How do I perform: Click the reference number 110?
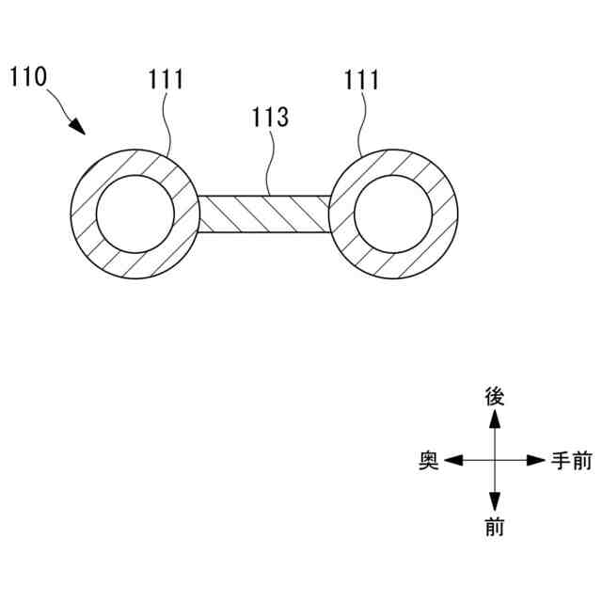(x=31, y=76)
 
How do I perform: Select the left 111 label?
(x=166, y=80)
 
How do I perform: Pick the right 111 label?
(x=361, y=80)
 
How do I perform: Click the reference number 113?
(x=270, y=119)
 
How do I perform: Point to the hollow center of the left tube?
(x=135, y=214)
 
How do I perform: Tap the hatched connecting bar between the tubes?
(x=264, y=214)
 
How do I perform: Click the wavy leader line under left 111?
(x=167, y=122)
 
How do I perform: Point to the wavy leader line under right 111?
(x=363, y=122)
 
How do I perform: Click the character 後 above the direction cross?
(x=494, y=396)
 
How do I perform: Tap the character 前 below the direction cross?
(x=494, y=528)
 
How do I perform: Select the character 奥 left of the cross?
(x=429, y=461)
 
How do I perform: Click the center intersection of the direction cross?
(x=494, y=461)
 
